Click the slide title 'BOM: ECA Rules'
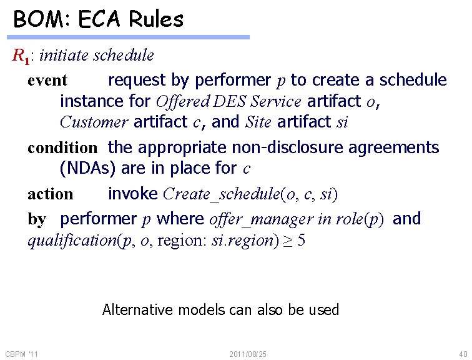tap(99, 19)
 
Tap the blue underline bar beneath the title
tap(130, 37)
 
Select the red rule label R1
tap(21, 56)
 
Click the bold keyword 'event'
tap(47, 81)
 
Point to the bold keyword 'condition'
tap(62, 148)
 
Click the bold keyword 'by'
tap(37, 219)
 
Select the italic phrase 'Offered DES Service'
tap(229, 101)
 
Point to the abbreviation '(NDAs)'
tap(91, 168)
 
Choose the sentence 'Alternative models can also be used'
tap(220, 309)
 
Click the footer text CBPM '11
tap(22, 354)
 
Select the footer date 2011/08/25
tap(248, 354)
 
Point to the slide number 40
tap(462, 354)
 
